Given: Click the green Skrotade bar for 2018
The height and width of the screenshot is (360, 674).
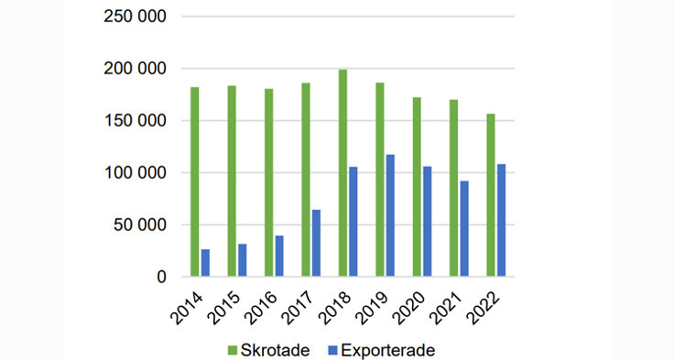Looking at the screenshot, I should [342, 173].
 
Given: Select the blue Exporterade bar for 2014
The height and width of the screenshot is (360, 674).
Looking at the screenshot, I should [205, 263].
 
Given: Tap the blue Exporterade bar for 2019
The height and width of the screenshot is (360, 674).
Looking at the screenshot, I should [390, 215].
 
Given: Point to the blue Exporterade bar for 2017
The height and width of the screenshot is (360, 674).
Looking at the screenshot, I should [316, 243].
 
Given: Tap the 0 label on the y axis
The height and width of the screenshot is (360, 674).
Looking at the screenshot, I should [161, 277].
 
